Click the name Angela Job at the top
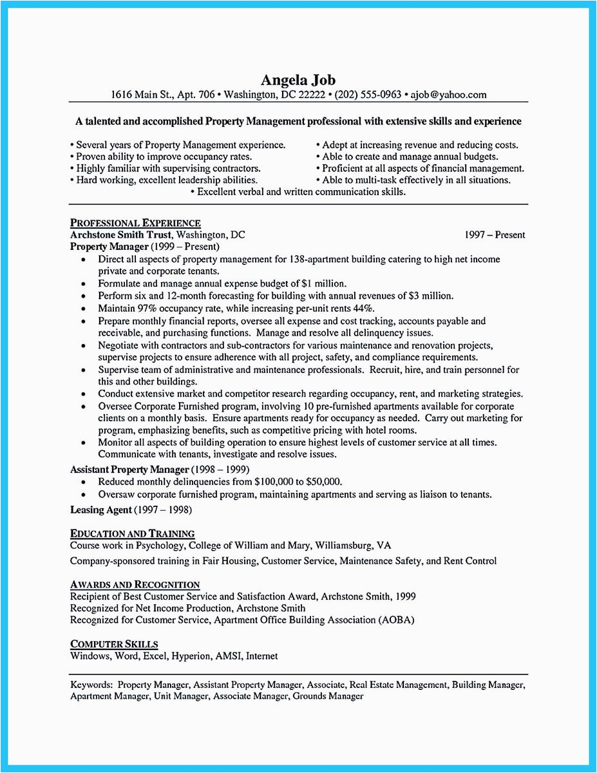coord(298,81)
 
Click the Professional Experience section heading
coord(135,223)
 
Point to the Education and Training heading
coord(132,533)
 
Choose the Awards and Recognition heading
coord(135,584)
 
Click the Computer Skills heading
coord(114,644)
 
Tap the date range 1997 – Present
coord(495,235)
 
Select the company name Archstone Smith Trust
coord(121,235)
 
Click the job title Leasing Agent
coord(100,510)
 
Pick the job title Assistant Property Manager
coord(129,469)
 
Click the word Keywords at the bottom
coord(91,684)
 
